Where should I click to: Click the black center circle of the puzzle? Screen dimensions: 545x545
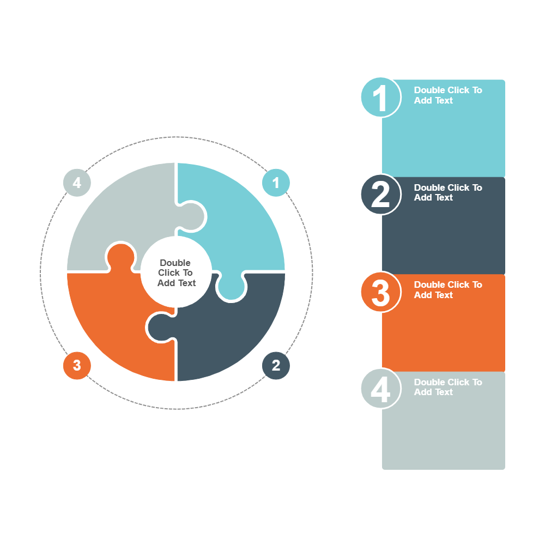point(176,272)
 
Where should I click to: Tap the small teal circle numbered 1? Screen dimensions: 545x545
point(276,183)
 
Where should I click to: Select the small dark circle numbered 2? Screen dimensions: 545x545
point(276,365)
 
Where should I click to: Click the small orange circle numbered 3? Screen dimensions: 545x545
point(77,365)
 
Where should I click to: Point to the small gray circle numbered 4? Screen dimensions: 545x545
point(77,183)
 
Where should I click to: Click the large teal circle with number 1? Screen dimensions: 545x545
point(380,97)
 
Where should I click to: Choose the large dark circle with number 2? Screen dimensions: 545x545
point(380,194)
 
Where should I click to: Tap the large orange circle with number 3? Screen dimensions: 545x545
point(380,292)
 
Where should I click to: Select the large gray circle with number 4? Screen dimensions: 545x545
point(380,389)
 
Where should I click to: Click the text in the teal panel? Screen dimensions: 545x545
point(447,95)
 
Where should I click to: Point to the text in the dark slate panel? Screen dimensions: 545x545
point(447,192)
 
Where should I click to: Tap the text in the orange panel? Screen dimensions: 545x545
point(447,290)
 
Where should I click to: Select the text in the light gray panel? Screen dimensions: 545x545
point(447,387)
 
